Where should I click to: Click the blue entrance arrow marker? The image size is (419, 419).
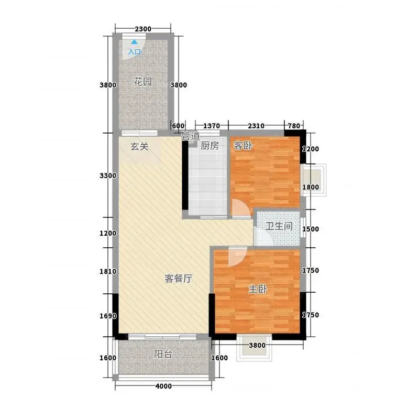point(135,42)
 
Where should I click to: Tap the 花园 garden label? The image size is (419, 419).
point(142,82)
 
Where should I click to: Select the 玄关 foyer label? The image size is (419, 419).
point(139,147)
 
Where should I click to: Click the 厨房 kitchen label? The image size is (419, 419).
point(210,146)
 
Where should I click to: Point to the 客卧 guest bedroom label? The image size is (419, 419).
point(242,146)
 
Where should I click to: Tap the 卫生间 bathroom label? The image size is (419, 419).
point(279,226)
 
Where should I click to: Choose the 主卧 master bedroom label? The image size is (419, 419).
point(258,289)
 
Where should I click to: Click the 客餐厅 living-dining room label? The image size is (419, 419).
point(178,279)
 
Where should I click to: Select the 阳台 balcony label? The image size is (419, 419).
point(163,355)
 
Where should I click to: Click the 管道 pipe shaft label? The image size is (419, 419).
point(191,136)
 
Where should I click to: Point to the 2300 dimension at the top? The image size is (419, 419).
point(143,29)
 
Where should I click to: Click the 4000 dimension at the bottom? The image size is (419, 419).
point(163,386)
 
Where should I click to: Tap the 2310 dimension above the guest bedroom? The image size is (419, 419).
point(256,126)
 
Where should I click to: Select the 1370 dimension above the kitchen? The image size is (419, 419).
point(212,126)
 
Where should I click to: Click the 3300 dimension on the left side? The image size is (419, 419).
point(108,175)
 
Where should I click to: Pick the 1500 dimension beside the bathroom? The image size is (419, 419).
point(311,229)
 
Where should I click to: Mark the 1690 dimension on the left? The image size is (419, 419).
point(108,316)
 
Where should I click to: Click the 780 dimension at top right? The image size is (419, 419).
point(294,126)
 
